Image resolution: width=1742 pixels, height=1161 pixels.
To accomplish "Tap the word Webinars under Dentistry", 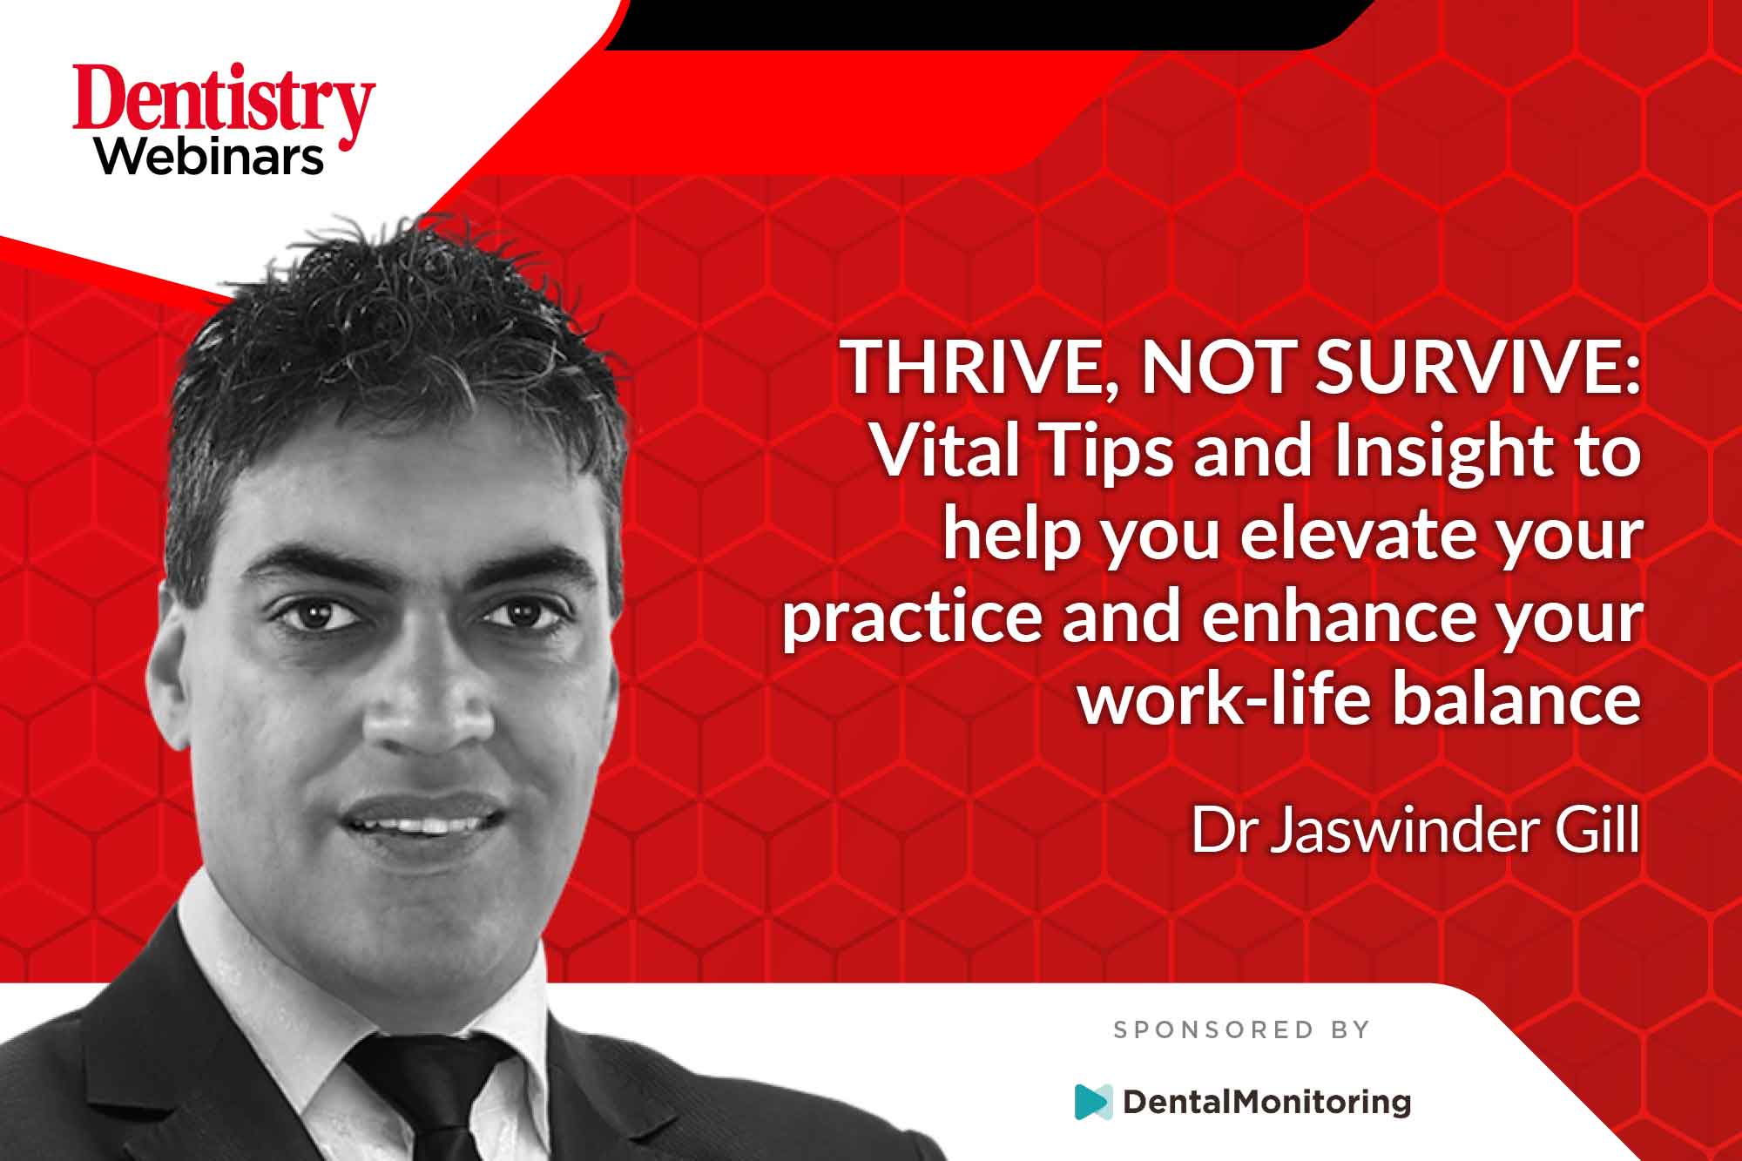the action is click(210, 157).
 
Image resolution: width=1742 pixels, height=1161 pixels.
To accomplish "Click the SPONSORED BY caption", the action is click(1242, 1030).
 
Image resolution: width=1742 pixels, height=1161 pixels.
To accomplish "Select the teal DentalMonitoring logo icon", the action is click(1094, 1102).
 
